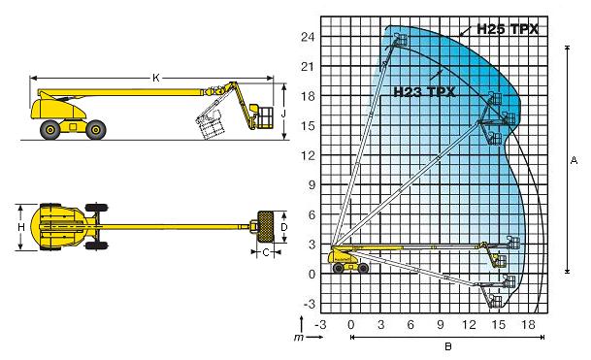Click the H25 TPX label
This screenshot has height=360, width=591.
tap(508, 29)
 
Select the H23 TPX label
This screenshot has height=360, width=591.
tap(424, 91)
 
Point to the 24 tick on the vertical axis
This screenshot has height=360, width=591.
tap(308, 37)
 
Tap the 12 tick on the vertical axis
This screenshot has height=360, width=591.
tap(308, 155)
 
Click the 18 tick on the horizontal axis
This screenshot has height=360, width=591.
tap(528, 324)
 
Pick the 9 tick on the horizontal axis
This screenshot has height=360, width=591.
tap(441, 324)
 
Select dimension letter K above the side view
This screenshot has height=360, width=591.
tap(156, 78)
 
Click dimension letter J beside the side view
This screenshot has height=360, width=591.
tap(283, 114)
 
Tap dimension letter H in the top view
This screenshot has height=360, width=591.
tap(21, 227)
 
